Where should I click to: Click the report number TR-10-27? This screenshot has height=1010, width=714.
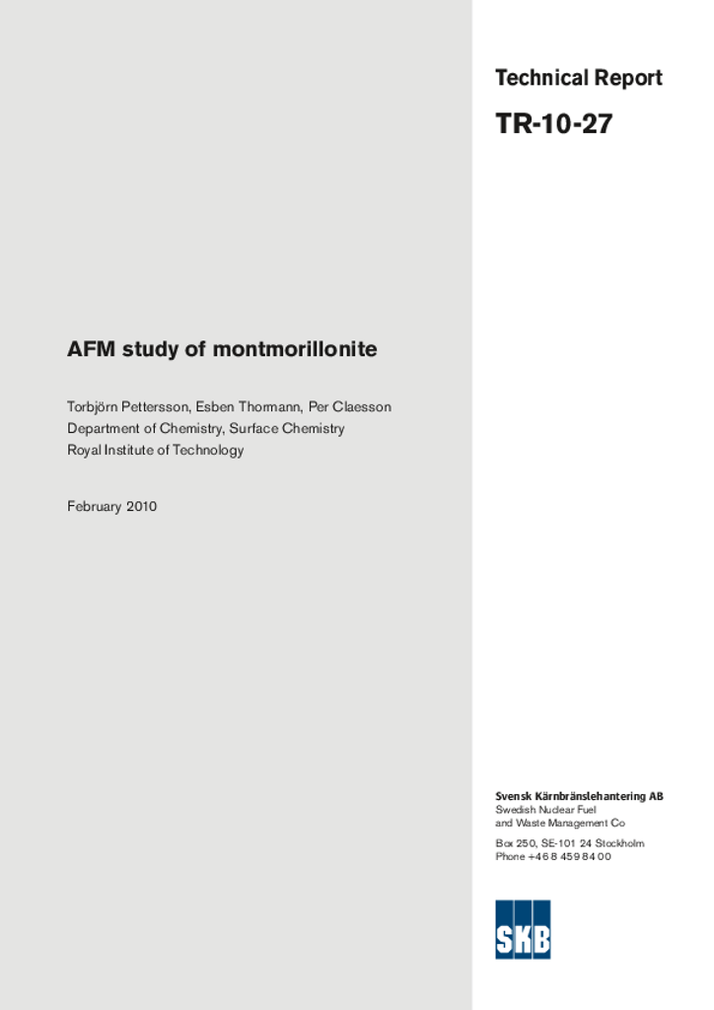pyautogui.click(x=553, y=124)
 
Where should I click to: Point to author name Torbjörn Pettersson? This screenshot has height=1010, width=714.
pyautogui.click(x=127, y=407)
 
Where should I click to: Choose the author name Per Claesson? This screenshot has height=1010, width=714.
pyautogui.click(x=350, y=407)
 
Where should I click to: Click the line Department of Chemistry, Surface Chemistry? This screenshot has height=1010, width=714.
pyautogui.click(x=206, y=429)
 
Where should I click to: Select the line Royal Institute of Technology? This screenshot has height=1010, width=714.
pyautogui.click(x=155, y=451)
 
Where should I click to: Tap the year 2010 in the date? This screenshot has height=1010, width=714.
pyautogui.click(x=141, y=507)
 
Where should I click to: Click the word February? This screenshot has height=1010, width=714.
pyautogui.click(x=94, y=507)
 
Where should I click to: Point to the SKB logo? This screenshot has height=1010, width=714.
pyautogui.click(x=523, y=929)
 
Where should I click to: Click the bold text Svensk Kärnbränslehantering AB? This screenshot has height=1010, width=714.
pyautogui.click(x=579, y=796)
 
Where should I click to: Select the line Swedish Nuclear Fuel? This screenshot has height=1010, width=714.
pyautogui.click(x=545, y=810)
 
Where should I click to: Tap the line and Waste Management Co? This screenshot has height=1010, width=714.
pyautogui.click(x=560, y=823)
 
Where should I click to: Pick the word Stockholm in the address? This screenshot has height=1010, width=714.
pyautogui.click(x=619, y=843)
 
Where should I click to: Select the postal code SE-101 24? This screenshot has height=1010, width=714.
pyautogui.click(x=566, y=843)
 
